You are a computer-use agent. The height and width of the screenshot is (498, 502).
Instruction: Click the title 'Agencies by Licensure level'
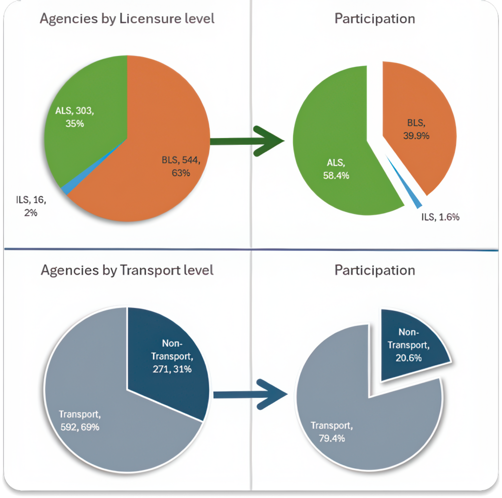[x=127, y=19]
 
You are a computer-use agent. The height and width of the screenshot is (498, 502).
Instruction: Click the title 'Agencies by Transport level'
[x=127, y=271]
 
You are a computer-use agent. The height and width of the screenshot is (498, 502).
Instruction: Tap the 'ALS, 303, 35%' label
[x=75, y=117]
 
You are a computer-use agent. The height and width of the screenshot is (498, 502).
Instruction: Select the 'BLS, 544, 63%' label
[x=181, y=166]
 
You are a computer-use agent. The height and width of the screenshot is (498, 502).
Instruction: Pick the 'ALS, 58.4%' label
[x=336, y=169]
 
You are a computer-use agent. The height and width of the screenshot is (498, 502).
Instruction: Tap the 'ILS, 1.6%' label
[x=440, y=217]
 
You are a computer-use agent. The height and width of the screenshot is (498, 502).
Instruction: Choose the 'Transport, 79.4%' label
[x=331, y=432]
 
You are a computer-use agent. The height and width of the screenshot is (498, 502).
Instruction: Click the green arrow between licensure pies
[x=248, y=141]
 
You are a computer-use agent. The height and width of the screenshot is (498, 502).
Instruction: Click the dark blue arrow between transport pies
[x=251, y=393]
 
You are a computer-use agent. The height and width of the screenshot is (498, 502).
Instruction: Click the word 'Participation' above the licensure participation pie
[x=375, y=19]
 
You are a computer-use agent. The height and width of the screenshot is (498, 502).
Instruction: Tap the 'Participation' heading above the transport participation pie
[x=375, y=271]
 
